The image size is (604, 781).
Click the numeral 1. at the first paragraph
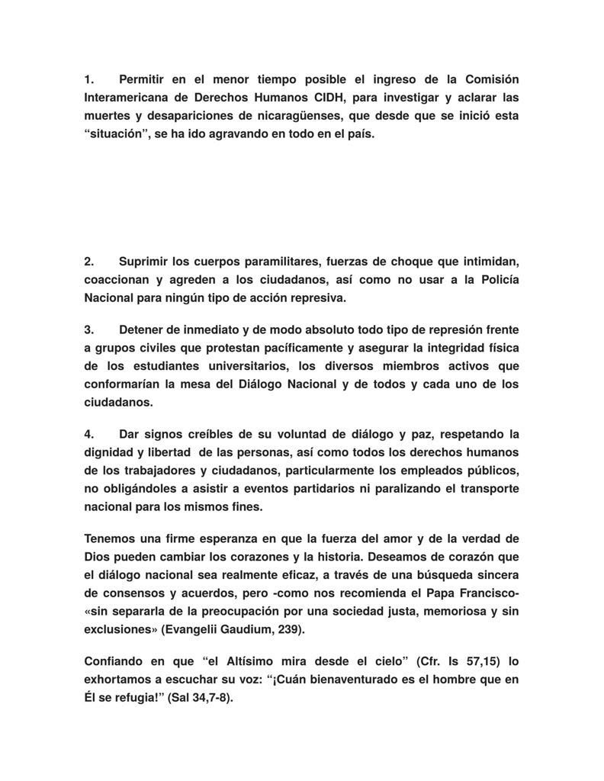[88, 79]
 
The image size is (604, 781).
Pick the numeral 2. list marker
[88, 261]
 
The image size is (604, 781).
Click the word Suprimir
[146, 261]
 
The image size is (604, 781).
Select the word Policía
[496, 279]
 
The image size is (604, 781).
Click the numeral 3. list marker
[88, 329]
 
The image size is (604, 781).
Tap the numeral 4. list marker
[88, 434]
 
